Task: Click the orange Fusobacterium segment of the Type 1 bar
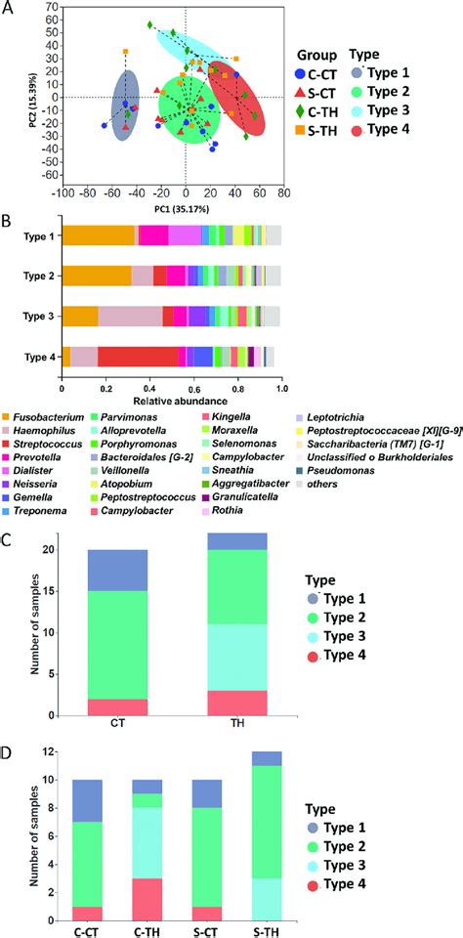click(x=98, y=235)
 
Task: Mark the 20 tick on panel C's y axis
click(x=63, y=550)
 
